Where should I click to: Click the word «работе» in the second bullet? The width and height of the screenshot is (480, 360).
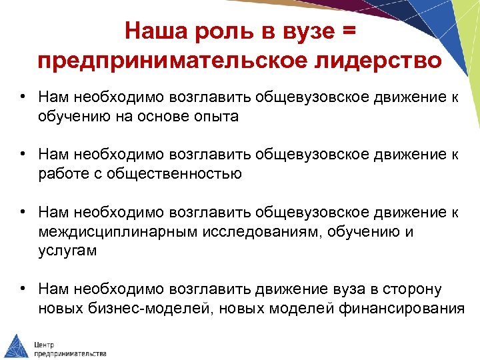63,174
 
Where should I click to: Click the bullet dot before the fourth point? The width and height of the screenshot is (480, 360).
23,289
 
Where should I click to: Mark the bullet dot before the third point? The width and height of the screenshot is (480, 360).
23,213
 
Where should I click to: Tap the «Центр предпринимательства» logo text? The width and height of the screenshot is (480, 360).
70,347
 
